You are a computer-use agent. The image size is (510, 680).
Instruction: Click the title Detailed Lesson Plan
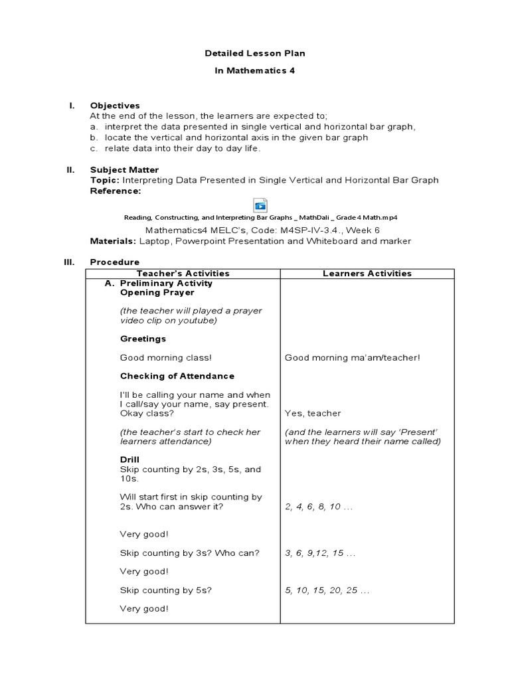click(x=255, y=52)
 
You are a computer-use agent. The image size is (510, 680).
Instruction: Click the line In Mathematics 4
click(x=255, y=70)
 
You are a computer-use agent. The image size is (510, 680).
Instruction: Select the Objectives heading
click(x=115, y=106)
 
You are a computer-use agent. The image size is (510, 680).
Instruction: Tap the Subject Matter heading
click(x=124, y=170)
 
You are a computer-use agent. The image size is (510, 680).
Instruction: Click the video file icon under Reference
click(x=260, y=205)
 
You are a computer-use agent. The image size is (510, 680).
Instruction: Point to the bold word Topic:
click(x=104, y=180)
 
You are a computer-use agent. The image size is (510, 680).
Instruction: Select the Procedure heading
click(x=115, y=262)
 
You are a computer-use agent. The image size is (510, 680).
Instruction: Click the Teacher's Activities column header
click(x=183, y=274)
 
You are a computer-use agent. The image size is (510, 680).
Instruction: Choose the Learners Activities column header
click(x=367, y=274)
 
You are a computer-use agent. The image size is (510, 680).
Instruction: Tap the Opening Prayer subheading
click(x=157, y=292)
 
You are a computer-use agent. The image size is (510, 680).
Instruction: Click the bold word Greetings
click(x=143, y=339)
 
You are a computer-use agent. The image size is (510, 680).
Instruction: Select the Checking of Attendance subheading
click(x=177, y=376)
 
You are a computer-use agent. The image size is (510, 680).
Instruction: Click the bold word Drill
click(x=129, y=460)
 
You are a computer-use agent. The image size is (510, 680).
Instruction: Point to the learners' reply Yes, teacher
click(x=313, y=413)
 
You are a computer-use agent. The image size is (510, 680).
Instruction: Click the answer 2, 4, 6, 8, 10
click(x=318, y=507)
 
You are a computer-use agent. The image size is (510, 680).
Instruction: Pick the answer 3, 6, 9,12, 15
click(x=320, y=553)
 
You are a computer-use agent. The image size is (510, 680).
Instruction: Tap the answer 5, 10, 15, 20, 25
click(x=327, y=590)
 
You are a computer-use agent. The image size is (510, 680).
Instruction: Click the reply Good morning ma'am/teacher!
click(x=352, y=358)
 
